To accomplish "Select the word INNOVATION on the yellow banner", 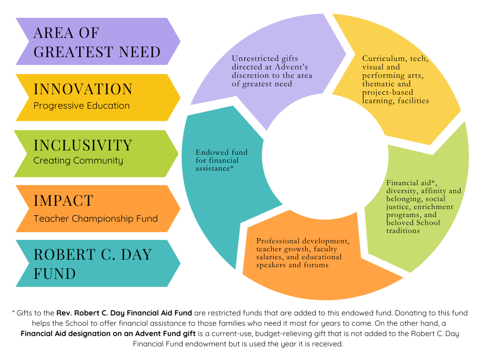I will (x=83, y=89).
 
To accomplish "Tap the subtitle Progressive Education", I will (x=82, y=105).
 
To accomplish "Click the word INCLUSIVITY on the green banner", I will (x=83, y=145).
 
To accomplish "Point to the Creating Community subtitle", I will (x=78, y=160).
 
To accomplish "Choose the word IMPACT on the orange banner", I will (x=63, y=201).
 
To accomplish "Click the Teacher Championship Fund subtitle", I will (x=96, y=218).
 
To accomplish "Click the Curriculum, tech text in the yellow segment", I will (x=395, y=59).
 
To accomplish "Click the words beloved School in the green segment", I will (x=413, y=223).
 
